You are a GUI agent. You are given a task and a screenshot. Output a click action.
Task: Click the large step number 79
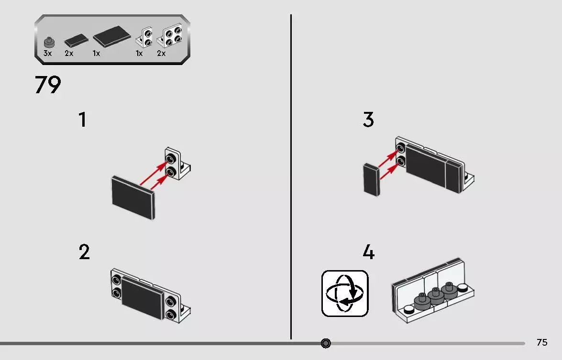pyautogui.click(x=48, y=85)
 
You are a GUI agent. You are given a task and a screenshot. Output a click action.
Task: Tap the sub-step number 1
pyautogui.click(x=83, y=120)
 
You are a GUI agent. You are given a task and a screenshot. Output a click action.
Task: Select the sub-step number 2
pyautogui.click(x=84, y=252)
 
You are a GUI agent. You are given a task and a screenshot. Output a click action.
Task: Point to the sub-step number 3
pyautogui.click(x=368, y=120)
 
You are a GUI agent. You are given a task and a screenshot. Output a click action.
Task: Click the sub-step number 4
pyautogui.click(x=369, y=252)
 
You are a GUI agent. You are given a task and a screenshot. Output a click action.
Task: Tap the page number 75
pyautogui.click(x=542, y=342)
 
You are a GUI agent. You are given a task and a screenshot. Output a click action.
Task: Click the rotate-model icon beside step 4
pyautogui.click(x=345, y=294)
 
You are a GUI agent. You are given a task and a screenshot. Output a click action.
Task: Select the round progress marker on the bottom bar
pyautogui.click(x=326, y=343)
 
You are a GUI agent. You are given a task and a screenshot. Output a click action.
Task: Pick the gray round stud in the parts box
pyautogui.click(x=49, y=42)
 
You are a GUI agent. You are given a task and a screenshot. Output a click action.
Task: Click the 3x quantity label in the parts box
pyautogui.click(x=48, y=54)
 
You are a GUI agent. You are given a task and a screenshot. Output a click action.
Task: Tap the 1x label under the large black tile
pyautogui.click(x=97, y=54)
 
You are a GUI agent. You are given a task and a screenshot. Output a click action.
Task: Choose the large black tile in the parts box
pyautogui.click(x=112, y=36)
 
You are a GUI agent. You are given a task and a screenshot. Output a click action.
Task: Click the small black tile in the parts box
pyautogui.click(x=77, y=41)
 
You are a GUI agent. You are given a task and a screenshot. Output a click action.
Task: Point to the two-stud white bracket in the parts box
pyautogui.click(x=144, y=38)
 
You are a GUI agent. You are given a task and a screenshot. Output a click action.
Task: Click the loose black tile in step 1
pyautogui.click(x=133, y=197)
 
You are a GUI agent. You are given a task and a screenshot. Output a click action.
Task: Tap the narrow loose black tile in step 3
pyautogui.click(x=372, y=180)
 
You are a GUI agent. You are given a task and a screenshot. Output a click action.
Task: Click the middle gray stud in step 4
pyautogui.click(x=435, y=295)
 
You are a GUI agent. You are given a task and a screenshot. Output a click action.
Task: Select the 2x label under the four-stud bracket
pyautogui.click(x=161, y=54)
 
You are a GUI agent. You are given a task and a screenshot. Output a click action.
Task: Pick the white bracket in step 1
pyautogui.click(x=177, y=164)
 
